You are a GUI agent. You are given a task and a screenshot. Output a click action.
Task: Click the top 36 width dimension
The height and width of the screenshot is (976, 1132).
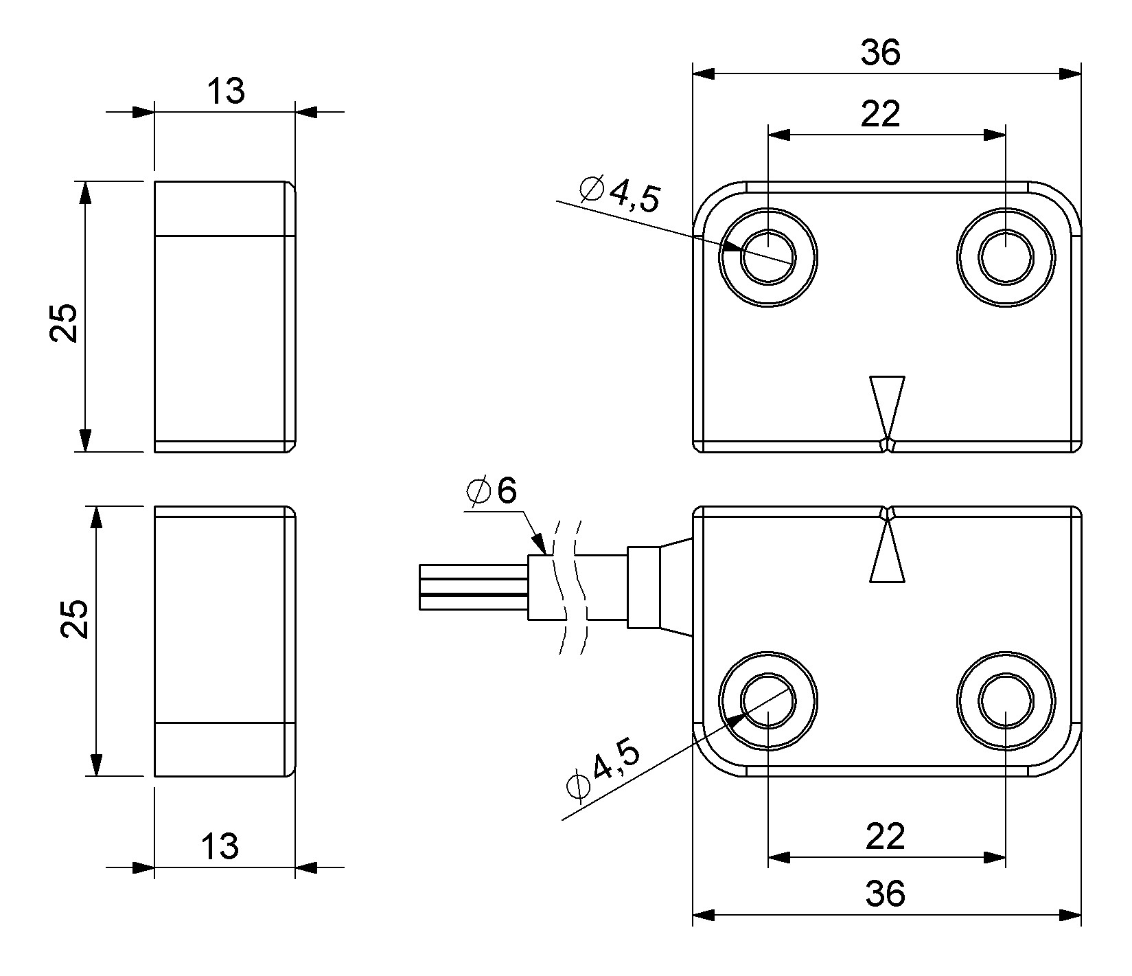(881, 53)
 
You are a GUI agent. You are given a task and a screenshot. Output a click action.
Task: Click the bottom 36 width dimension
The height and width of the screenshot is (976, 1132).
(885, 894)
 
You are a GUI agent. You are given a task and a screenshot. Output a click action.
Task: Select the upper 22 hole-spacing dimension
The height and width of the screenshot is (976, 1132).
(881, 113)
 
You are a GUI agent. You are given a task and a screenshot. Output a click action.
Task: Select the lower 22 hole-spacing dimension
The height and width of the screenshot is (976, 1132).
(886, 836)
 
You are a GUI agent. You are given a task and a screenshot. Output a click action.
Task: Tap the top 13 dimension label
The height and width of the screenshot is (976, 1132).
(225, 91)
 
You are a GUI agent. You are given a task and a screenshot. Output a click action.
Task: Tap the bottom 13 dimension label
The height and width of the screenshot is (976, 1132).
(220, 846)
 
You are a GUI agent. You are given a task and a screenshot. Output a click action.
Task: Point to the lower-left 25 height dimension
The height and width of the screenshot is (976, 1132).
(74, 619)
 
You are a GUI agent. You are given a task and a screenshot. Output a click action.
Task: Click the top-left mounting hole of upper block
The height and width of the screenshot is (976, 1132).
(768, 257)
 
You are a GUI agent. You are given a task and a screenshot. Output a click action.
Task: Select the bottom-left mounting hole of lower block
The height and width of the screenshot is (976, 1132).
(768, 701)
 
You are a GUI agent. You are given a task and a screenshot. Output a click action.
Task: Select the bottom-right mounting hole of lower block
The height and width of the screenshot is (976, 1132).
(1006, 701)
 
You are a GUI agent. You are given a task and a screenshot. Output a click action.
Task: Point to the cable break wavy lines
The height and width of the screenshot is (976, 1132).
(570, 587)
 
